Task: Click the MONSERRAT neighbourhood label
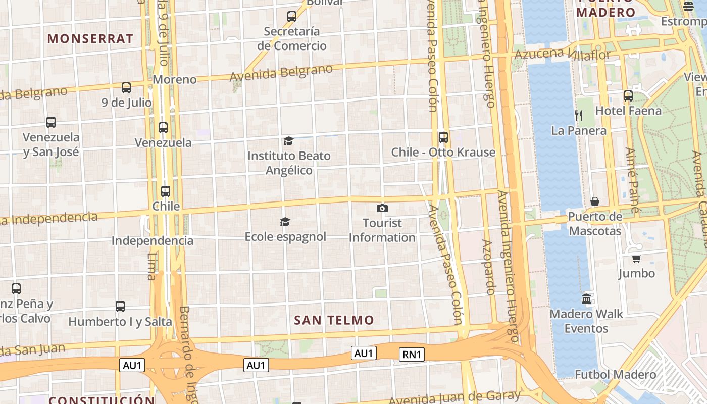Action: click(90, 39)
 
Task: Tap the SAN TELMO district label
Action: click(334, 320)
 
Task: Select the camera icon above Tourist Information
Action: click(382, 208)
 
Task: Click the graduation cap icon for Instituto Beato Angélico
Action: click(288, 141)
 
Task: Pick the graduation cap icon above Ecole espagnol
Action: click(285, 222)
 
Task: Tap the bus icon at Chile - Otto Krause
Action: click(443, 137)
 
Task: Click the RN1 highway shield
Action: click(412, 355)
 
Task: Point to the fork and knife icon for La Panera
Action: click(579, 116)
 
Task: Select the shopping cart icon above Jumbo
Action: click(636, 259)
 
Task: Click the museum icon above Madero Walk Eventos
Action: click(586, 298)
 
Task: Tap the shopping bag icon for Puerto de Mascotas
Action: click(595, 202)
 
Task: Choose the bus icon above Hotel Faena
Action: click(628, 96)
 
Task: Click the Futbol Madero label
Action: click(615, 375)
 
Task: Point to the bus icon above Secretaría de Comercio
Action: click(292, 17)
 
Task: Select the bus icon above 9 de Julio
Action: click(126, 88)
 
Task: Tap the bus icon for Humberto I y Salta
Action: click(120, 306)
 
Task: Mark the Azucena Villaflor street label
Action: click(563, 53)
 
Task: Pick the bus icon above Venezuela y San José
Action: click(51, 122)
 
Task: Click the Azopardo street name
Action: click(488, 267)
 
